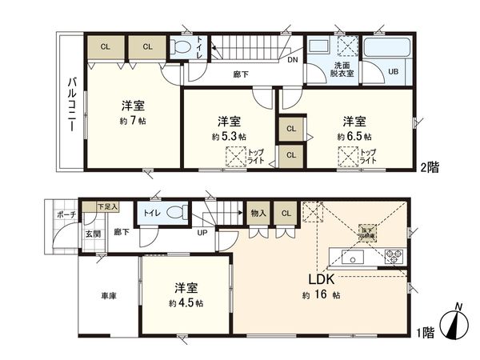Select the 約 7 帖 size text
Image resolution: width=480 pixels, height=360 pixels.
(x=134, y=121)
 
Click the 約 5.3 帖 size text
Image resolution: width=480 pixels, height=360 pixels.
(x=229, y=137)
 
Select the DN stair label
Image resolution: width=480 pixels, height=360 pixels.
(x=293, y=59)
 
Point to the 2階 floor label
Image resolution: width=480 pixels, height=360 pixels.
(x=430, y=170)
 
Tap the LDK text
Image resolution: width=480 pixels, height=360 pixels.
(x=324, y=280)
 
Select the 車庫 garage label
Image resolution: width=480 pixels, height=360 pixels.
(x=108, y=296)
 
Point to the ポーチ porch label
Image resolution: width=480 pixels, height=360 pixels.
(x=66, y=214)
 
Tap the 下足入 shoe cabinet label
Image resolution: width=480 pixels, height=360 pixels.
(x=106, y=206)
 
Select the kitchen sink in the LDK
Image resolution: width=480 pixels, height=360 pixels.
(x=351, y=257)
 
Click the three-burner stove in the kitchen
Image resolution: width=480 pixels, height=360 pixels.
(x=394, y=257)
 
